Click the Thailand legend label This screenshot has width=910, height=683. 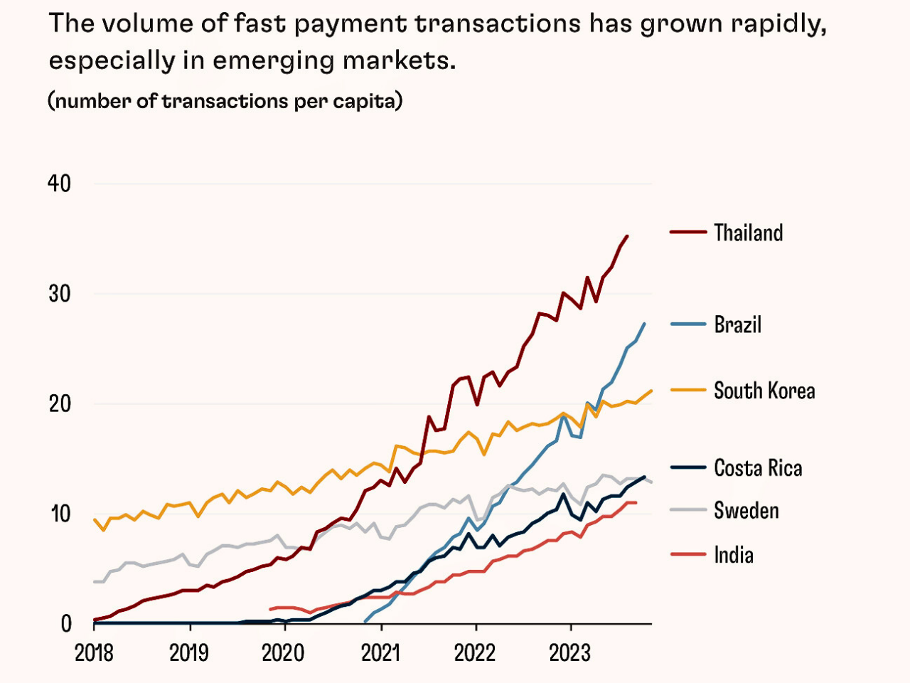(748, 233)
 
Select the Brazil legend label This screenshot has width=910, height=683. (737, 324)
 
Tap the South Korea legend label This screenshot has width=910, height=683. (764, 391)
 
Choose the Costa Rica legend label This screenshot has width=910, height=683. (758, 468)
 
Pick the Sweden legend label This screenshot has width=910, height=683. (746, 511)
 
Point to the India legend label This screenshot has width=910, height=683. (733, 555)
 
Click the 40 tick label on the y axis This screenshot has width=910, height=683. (60, 184)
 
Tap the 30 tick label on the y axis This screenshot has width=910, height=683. (60, 294)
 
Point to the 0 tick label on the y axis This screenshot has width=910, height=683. (66, 624)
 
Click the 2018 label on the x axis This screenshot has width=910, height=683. (94, 652)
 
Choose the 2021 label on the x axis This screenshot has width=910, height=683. (381, 652)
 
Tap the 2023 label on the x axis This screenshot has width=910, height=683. (570, 652)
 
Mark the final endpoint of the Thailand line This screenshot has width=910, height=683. (626, 236)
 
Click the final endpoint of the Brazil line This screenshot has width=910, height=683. (644, 324)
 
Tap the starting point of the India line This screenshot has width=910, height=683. (270, 610)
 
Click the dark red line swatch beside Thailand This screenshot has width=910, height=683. (687, 233)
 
